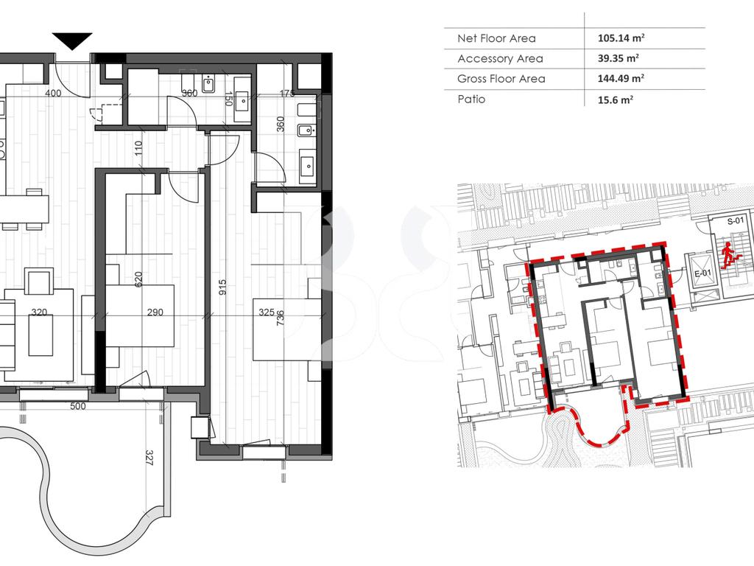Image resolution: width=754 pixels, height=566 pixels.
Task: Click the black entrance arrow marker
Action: click(72, 41)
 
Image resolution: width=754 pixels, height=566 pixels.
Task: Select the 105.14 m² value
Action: click(621, 38)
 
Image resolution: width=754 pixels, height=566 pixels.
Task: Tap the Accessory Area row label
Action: click(500, 59)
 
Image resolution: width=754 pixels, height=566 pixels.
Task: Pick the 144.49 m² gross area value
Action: click(621, 78)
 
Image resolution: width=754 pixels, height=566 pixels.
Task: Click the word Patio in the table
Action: click(471, 99)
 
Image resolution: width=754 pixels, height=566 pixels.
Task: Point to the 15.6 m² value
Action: click(616, 100)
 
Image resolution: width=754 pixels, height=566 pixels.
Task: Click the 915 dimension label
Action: click(222, 287)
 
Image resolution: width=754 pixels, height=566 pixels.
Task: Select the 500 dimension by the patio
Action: click(78, 406)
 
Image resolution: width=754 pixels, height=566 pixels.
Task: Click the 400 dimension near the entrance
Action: click(53, 93)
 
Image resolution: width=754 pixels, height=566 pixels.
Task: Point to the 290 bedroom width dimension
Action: click(155, 312)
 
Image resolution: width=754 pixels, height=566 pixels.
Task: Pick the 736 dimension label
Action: click(281, 318)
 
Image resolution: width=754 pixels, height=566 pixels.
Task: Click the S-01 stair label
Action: click(736, 221)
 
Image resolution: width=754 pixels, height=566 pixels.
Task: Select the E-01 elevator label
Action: click(702, 273)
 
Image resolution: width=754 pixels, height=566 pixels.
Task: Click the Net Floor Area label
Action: click(496, 38)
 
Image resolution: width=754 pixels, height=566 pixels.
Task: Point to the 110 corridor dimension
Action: click(138, 148)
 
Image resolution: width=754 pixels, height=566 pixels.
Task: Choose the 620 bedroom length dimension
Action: click(138, 279)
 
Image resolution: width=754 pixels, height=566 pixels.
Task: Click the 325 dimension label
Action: click(267, 312)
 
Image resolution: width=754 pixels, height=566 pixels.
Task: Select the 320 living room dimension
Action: click(39, 312)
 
